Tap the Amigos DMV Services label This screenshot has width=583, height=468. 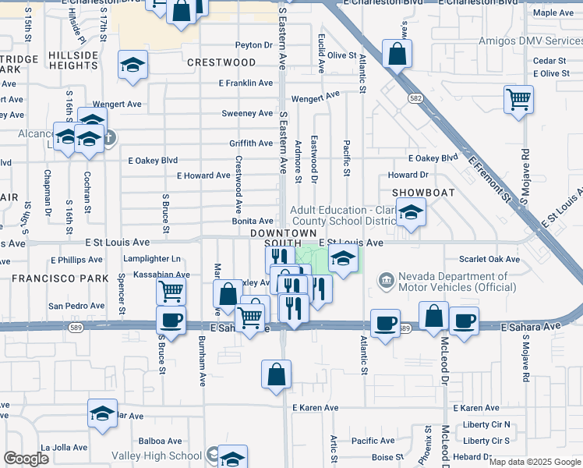click(x=538, y=41)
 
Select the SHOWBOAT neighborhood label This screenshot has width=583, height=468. click(x=423, y=192)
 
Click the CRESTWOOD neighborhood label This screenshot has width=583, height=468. click(x=221, y=62)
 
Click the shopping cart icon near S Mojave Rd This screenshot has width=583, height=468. click(x=519, y=99)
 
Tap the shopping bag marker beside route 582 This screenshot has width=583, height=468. click(x=397, y=55)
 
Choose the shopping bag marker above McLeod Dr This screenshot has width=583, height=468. click(x=434, y=317)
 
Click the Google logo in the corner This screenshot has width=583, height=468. click(x=26, y=459)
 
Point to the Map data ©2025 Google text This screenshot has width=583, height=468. click(x=535, y=462)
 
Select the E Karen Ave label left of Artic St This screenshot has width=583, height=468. click(x=315, y=408)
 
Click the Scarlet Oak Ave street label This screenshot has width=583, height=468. click(x=489, y=259)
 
